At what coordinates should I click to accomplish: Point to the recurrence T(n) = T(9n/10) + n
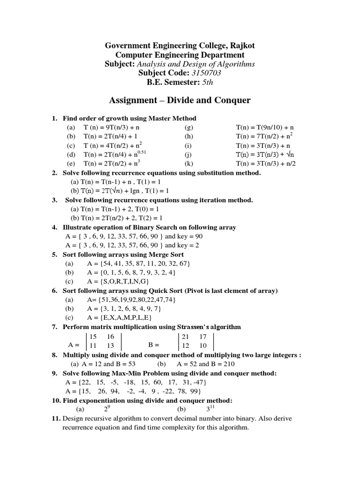coord(265,127)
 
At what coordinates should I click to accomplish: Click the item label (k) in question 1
coord(189,164)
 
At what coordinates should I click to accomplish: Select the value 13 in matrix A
coord(111,345)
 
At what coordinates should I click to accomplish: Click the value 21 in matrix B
coord(186,337)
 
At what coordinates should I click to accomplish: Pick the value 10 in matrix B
coord(203,345)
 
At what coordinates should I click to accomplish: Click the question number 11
coord(56,419)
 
